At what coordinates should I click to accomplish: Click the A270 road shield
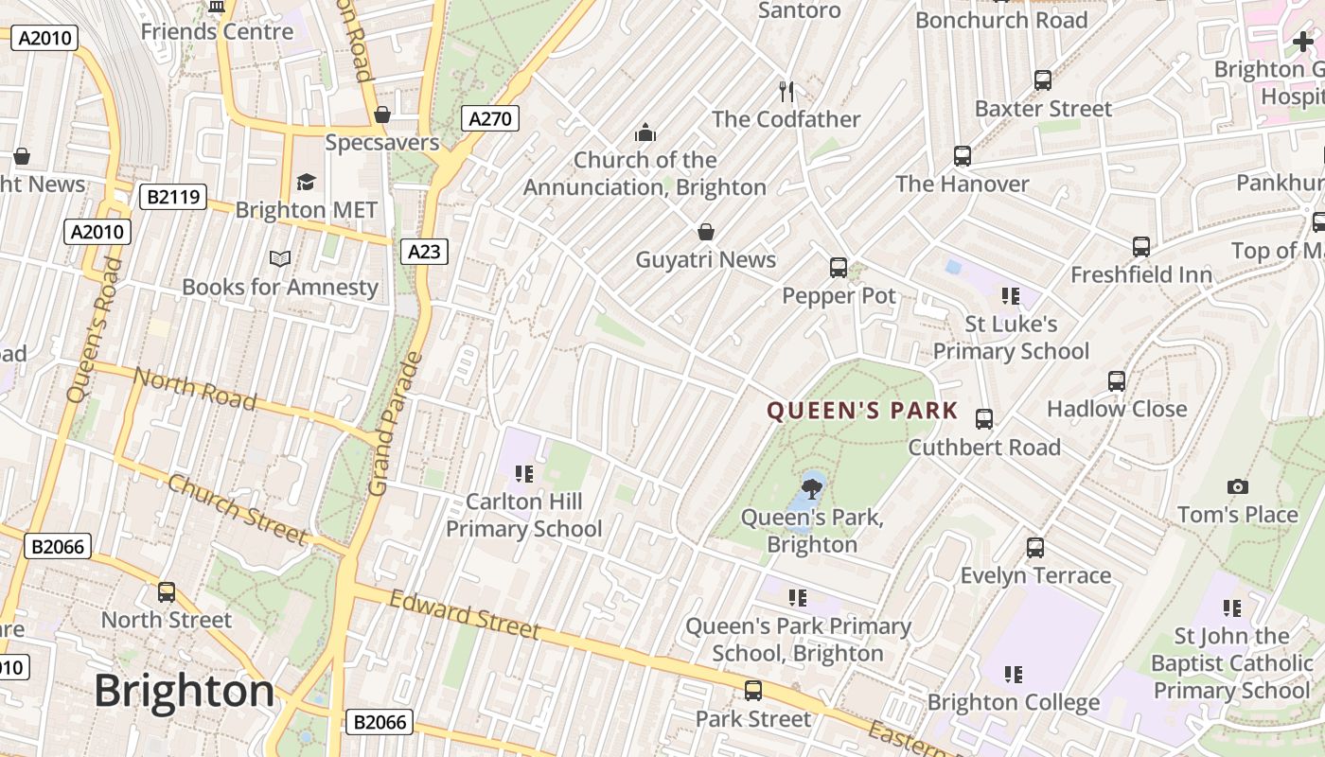coord(490,118)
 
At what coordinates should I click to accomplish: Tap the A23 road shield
coord(424,251)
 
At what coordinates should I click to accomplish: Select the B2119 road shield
coord(173,197)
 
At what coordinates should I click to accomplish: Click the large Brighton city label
coord(185,691)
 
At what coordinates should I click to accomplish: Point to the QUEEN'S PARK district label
coord(862,412)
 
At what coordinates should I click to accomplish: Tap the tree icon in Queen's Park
coord(811,488)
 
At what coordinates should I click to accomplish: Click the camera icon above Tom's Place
coord(1237,486)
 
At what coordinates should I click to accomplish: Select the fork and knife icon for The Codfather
coord(786,91)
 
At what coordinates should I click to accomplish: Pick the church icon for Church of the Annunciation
coord(645,132)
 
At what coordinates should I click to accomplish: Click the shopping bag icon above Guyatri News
coord(705,232)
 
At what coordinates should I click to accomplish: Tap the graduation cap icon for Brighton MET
coord(306,182)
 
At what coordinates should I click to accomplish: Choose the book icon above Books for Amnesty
coord(279,258)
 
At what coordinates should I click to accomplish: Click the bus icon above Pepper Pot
coord(839,268)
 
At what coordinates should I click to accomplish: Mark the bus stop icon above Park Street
coord(753,691)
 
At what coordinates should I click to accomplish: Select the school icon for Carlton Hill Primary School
coord(523,473)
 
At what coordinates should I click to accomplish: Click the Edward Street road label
coord(465,614)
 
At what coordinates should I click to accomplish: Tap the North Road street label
coord(194,389)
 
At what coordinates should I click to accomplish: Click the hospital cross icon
coord(1303,42)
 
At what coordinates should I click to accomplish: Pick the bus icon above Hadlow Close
coord(1117,381)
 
